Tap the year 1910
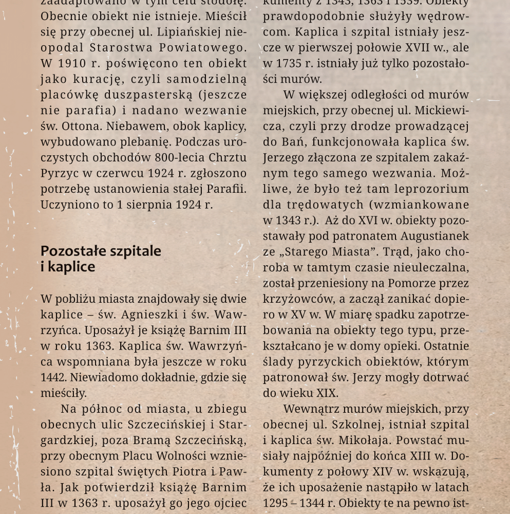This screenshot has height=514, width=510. click(x=72, y=64)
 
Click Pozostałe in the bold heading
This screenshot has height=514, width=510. click(x=71, y=251)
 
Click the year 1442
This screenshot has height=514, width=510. click(x=51, y=378)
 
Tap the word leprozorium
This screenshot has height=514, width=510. click(x=436, y=189)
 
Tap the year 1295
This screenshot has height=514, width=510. click(x=274, y=503)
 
